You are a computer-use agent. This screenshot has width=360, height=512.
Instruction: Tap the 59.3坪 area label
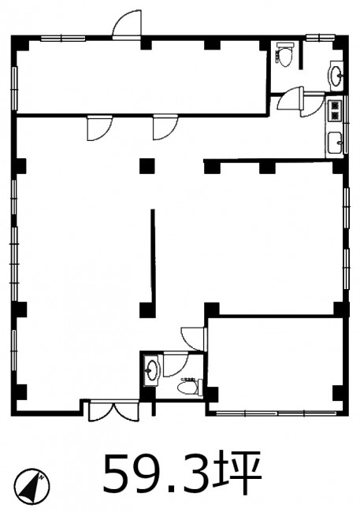[x=183, y=473]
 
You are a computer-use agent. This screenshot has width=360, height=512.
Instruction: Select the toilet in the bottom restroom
[x=190, y=387]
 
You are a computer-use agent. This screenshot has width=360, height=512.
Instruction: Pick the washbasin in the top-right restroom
[x=336, y=76]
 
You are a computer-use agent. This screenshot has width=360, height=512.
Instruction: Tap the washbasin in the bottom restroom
[x=151, y=370]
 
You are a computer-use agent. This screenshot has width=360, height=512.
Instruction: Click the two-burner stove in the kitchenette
[x=335, y=109]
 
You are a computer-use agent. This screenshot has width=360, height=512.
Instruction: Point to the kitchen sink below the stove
[x=335, y=143]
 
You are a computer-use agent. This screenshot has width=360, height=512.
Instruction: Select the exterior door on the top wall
[x=127, y=24]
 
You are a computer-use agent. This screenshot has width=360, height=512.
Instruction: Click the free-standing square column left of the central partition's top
[x=147, y=165]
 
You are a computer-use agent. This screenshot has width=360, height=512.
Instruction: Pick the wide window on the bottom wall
[x=276, y=414]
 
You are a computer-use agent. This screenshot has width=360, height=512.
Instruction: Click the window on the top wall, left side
[x=63, y=39]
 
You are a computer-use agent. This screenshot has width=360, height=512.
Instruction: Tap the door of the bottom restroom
[x=176, y=364]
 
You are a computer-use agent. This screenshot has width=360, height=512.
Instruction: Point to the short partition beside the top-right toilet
[x=301, y=54]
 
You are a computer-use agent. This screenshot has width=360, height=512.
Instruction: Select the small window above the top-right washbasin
[x=321, y=38]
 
